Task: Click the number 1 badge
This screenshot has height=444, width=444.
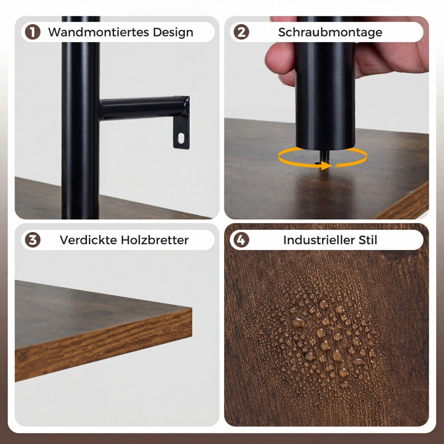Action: coord(33,32)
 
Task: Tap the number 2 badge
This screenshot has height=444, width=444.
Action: coord(241,32)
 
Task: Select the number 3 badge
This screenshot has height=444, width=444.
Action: coord(33,240)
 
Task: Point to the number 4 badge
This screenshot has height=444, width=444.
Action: coord(241,240)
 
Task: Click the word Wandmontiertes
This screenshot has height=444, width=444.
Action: coord(99,32)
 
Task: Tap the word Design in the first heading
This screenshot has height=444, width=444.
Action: coord(173,32)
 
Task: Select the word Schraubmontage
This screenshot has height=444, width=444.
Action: coord(330,32)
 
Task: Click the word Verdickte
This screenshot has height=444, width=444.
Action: coord(88,240)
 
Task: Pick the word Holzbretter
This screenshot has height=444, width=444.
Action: coord(155,240)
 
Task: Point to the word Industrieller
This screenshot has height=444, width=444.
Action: coord(319,240)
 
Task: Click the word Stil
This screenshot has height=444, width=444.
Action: coord(368,240)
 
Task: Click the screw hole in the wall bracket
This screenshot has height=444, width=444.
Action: coord(181,138)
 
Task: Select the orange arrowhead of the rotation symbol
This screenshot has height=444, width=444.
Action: coord(326,165)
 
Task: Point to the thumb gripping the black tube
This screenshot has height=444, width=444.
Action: coord(280,59)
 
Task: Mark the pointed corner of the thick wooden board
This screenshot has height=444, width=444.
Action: coord(191,308)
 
